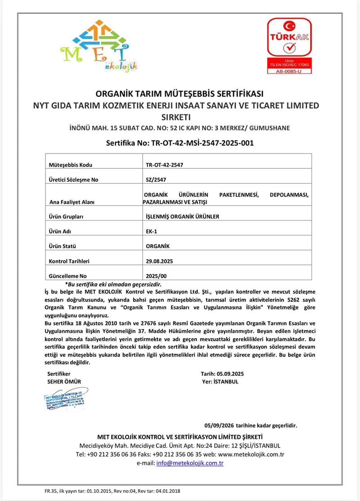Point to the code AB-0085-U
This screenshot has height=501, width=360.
288,71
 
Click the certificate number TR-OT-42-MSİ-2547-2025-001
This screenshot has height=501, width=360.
180,143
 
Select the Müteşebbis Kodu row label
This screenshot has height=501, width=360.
67,165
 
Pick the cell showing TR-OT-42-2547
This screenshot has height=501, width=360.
164,165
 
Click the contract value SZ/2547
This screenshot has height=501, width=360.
156,180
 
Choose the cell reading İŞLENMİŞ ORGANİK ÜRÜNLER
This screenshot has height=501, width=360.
183,217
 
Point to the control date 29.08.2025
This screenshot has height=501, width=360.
160,261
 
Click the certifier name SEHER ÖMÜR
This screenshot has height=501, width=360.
64,382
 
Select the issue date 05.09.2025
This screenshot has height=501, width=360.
230,374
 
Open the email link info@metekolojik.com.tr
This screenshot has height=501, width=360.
190,463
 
